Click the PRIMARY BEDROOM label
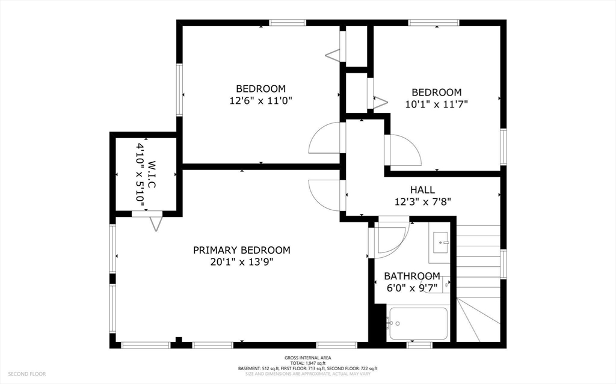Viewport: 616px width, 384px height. pyautogui.click(x=241, y=250)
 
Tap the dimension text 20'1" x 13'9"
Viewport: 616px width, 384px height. pyautogui.click(x=241, y=262)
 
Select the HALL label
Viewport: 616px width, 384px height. pyautogui.click(x=422, y=190)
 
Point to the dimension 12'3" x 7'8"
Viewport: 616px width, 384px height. pyautogui.click(x=422, y=202)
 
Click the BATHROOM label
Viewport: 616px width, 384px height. pyautogui.click(x=412, y=276)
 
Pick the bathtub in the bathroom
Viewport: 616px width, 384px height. pyautogui.click(x=418, y=324)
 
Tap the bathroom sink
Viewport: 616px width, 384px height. pyautogui.click(x=443, y=242)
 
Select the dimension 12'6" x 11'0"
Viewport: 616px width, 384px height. pyautogui.click(x=260, y=101)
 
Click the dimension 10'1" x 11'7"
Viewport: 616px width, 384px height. pyautogui.click(x=436, y=104)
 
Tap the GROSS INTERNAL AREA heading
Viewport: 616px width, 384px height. pyautogui.click(x=307, y=358)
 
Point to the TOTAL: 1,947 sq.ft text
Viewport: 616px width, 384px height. pyautogui.click(x=307, y=363)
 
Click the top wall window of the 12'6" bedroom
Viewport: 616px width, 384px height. pyautogui.click(x=288, y=23)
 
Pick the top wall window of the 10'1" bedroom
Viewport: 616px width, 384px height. pyautogui.click(x=434, y=23)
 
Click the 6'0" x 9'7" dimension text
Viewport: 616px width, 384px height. pyautogui.click(x=412, y=288)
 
